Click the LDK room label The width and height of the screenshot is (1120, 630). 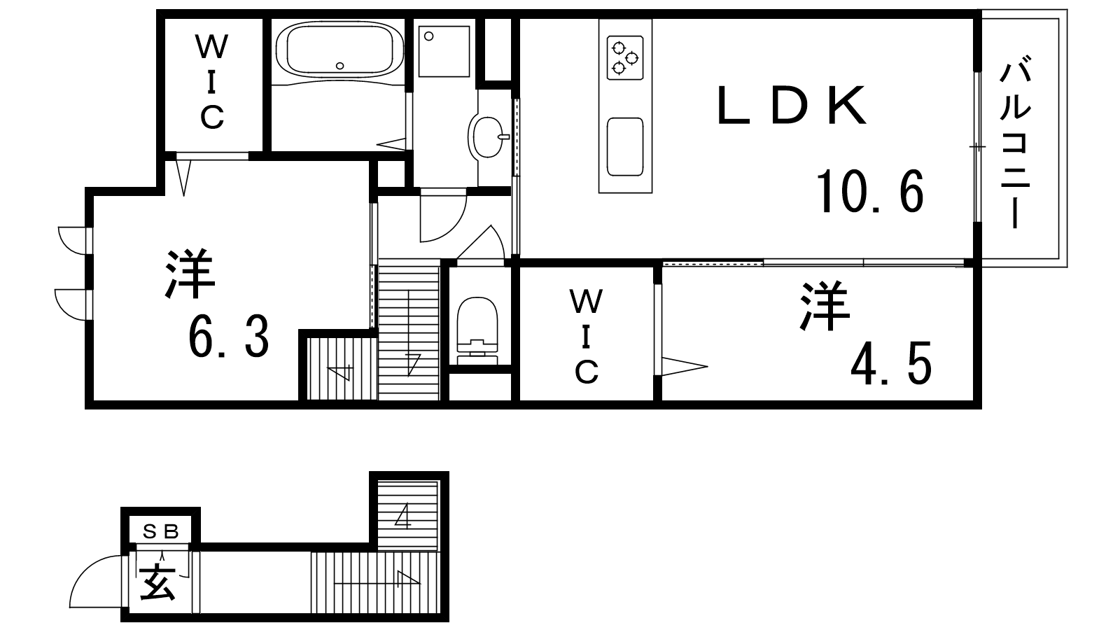[792, 106]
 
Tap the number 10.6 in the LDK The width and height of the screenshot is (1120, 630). [870, 192]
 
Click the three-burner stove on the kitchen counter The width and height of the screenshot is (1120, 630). [625, 57]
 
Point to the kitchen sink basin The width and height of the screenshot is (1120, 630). [625, 146]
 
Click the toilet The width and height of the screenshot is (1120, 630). [478, 330]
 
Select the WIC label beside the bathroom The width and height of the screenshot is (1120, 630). [212, 82]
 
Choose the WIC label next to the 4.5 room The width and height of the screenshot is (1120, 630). [586, 337]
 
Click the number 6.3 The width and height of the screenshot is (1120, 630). [228, 337]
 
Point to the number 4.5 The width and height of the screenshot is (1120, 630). [891, 363]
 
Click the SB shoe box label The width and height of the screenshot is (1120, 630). [160, 532]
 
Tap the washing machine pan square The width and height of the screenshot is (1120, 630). [444, 52]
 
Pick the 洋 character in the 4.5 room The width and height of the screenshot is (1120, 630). [825, 306]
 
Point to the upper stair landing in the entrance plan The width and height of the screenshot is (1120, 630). [407, 515]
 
